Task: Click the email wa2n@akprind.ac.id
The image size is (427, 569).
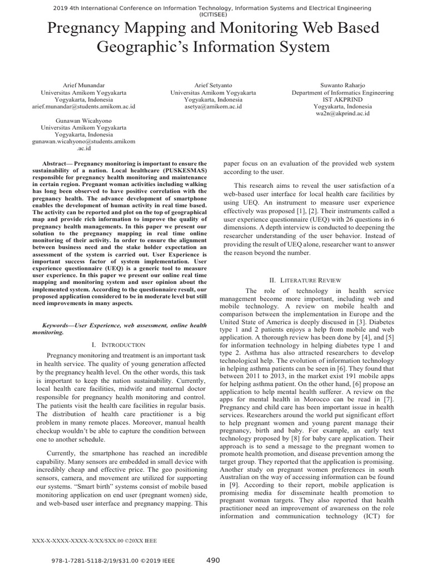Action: click(x=342, y=114)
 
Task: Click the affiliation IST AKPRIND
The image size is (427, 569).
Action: click(x=342, y=99)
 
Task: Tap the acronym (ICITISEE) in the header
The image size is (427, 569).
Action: click(x=213, y=15)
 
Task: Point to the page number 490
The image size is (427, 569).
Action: click(x=213, y=560)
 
